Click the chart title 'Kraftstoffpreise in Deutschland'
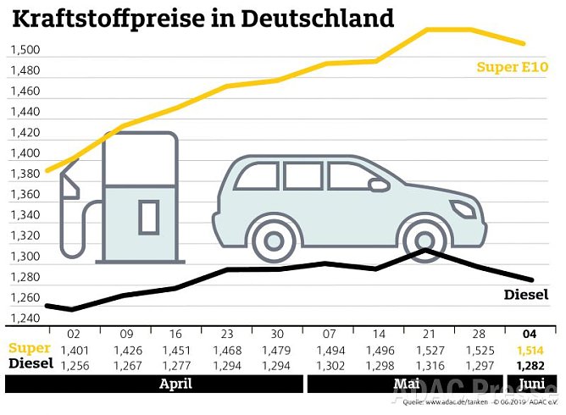point(203,18)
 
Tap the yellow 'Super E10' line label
point(512,67)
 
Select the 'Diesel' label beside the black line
point(526,295)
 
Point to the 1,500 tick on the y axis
point(25,50)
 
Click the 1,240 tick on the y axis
point(25,318)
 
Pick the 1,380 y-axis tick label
point(25,174)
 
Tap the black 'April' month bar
point(175,384)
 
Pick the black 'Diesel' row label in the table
point(31,363)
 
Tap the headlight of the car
point(463,207)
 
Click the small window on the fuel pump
point(149,216)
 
